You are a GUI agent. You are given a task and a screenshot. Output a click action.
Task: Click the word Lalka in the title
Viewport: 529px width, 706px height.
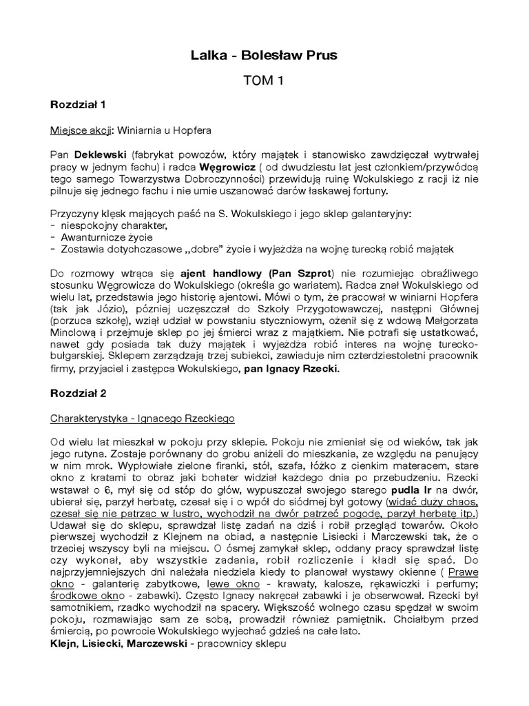(209, 55)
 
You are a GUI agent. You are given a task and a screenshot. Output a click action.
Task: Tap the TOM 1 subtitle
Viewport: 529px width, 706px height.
(264, 81)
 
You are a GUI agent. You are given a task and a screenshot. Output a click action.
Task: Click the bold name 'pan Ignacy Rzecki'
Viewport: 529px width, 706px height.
(289, 369)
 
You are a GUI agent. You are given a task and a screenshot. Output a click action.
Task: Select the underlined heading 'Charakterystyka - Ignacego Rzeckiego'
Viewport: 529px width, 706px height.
(143, 418)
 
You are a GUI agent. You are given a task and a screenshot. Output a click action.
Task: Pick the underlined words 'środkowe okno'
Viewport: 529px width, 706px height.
(79, 597)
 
